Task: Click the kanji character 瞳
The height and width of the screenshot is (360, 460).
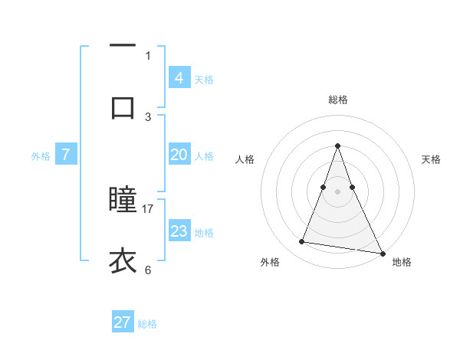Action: (x=123, y=201)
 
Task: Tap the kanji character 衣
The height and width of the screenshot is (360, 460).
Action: (x=123, y=261)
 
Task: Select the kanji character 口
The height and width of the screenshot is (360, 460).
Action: (x=123, y=106)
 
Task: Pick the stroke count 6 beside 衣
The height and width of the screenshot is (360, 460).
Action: (x=148, y=269)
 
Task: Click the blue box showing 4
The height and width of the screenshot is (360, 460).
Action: (x=179, y=77)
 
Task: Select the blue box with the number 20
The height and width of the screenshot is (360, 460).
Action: (x=179, y=155)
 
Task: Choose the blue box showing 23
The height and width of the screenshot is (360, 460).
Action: (x=179, y=231)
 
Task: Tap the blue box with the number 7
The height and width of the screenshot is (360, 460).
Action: (x=66, y=155)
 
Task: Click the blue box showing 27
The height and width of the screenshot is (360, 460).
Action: (x=123, y=322)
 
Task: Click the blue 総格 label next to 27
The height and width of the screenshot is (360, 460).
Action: (x=147, y=324)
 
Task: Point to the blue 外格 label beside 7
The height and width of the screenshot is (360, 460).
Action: (x=41, y=155)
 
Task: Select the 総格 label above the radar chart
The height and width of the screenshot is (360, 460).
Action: (x=337, y=100)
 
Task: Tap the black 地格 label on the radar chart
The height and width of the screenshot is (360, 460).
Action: (x=402, y=262)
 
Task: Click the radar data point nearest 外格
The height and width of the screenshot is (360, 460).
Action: (x=301, y=242)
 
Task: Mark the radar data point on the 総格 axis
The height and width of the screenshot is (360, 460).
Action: (x=337, y=146)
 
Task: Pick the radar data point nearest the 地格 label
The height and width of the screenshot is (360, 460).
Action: (x=381, y=252)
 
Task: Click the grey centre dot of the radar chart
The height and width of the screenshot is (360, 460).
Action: (x=337, y=191)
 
